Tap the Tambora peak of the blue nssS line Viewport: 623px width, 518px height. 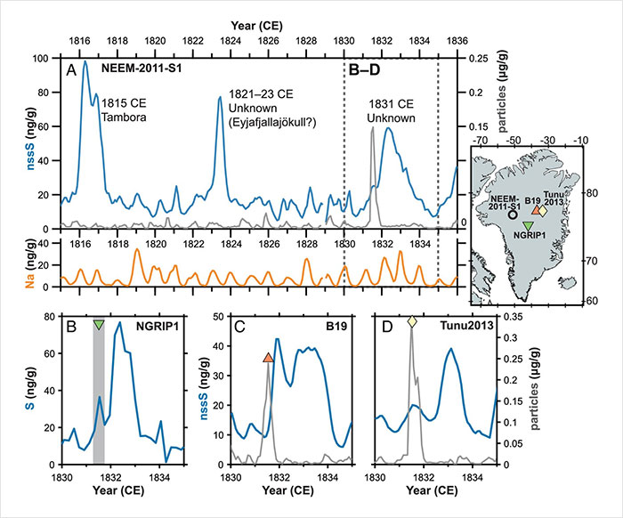[85, 62]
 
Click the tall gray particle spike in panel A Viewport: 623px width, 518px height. [372, 130]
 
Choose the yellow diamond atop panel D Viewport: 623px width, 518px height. [412, 321]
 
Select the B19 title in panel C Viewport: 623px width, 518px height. [336, 328]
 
